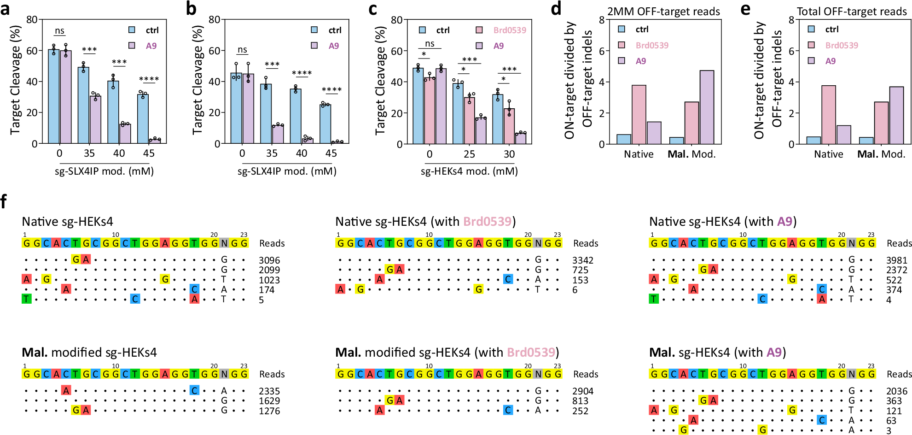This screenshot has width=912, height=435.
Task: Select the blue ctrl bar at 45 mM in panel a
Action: coord(143,118)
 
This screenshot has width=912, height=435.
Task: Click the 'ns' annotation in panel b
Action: coord(242,50)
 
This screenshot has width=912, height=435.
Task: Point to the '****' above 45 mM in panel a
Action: coord(149,79)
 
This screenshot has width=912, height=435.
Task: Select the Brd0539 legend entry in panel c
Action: coord(509,30)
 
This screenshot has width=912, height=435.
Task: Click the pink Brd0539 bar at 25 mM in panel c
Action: coord(469,120)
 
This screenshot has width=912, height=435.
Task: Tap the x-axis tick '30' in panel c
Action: coord(509,154)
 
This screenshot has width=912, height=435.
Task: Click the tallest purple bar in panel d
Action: coord(707,107)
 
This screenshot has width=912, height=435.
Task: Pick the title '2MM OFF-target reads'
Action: coord(663,12)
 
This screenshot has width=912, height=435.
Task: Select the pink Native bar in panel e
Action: coord(828,115)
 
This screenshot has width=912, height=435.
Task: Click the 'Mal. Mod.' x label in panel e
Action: coord(881,154)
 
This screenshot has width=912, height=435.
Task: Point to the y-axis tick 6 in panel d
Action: coord(601,51)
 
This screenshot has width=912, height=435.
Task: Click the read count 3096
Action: coord(269,260)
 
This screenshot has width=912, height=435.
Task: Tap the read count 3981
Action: coord(896,260)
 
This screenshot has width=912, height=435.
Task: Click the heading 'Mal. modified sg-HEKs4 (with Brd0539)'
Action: coord(447,353)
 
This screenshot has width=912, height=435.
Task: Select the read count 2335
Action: coord(269,391)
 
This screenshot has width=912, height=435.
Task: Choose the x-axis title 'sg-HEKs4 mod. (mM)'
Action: coord(469,171)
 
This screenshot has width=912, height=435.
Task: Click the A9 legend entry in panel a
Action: coord(151,46)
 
